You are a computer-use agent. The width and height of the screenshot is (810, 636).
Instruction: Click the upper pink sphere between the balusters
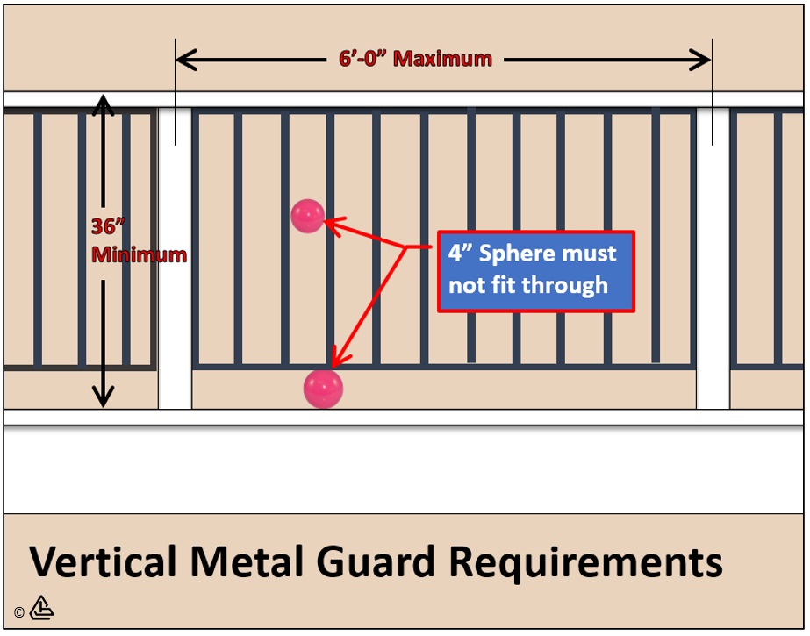tap(308, 216)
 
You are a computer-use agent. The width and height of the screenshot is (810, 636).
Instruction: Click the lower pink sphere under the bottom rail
tap(323, 389)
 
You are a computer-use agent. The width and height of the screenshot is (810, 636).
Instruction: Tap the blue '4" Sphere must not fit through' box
tap(535, 270)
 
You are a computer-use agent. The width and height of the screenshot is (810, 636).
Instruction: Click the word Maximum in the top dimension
tap(442, 59)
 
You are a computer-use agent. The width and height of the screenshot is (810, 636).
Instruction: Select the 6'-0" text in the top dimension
tap(363, 59)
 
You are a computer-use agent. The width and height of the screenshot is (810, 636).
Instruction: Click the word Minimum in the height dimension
tap(139, 255)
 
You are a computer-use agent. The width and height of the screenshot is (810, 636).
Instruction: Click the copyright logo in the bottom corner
tap(41, 608)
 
